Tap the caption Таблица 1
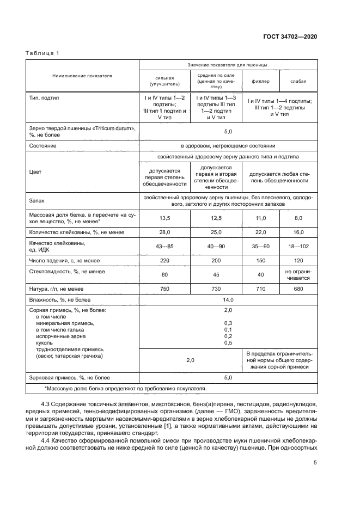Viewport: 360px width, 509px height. click(42, 53)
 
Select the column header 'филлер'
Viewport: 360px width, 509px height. click(260, 82)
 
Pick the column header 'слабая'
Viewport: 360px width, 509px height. click(298, 82)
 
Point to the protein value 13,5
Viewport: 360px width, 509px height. click(164, 218)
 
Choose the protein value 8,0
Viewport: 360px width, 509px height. click(298, 218)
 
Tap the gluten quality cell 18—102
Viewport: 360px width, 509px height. click(298, 247)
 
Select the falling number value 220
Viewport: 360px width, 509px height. click(164, 261)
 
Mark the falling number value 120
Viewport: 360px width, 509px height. click(298, 261)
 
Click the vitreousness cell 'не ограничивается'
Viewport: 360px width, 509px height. click(298, 274)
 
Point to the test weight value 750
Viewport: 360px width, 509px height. click(164, 289)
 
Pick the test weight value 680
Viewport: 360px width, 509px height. click(298, 289)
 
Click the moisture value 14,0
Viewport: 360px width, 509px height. click(228, 299)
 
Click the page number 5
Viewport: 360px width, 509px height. click(315, 463)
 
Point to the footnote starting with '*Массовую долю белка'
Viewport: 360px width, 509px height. click(125, 389)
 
